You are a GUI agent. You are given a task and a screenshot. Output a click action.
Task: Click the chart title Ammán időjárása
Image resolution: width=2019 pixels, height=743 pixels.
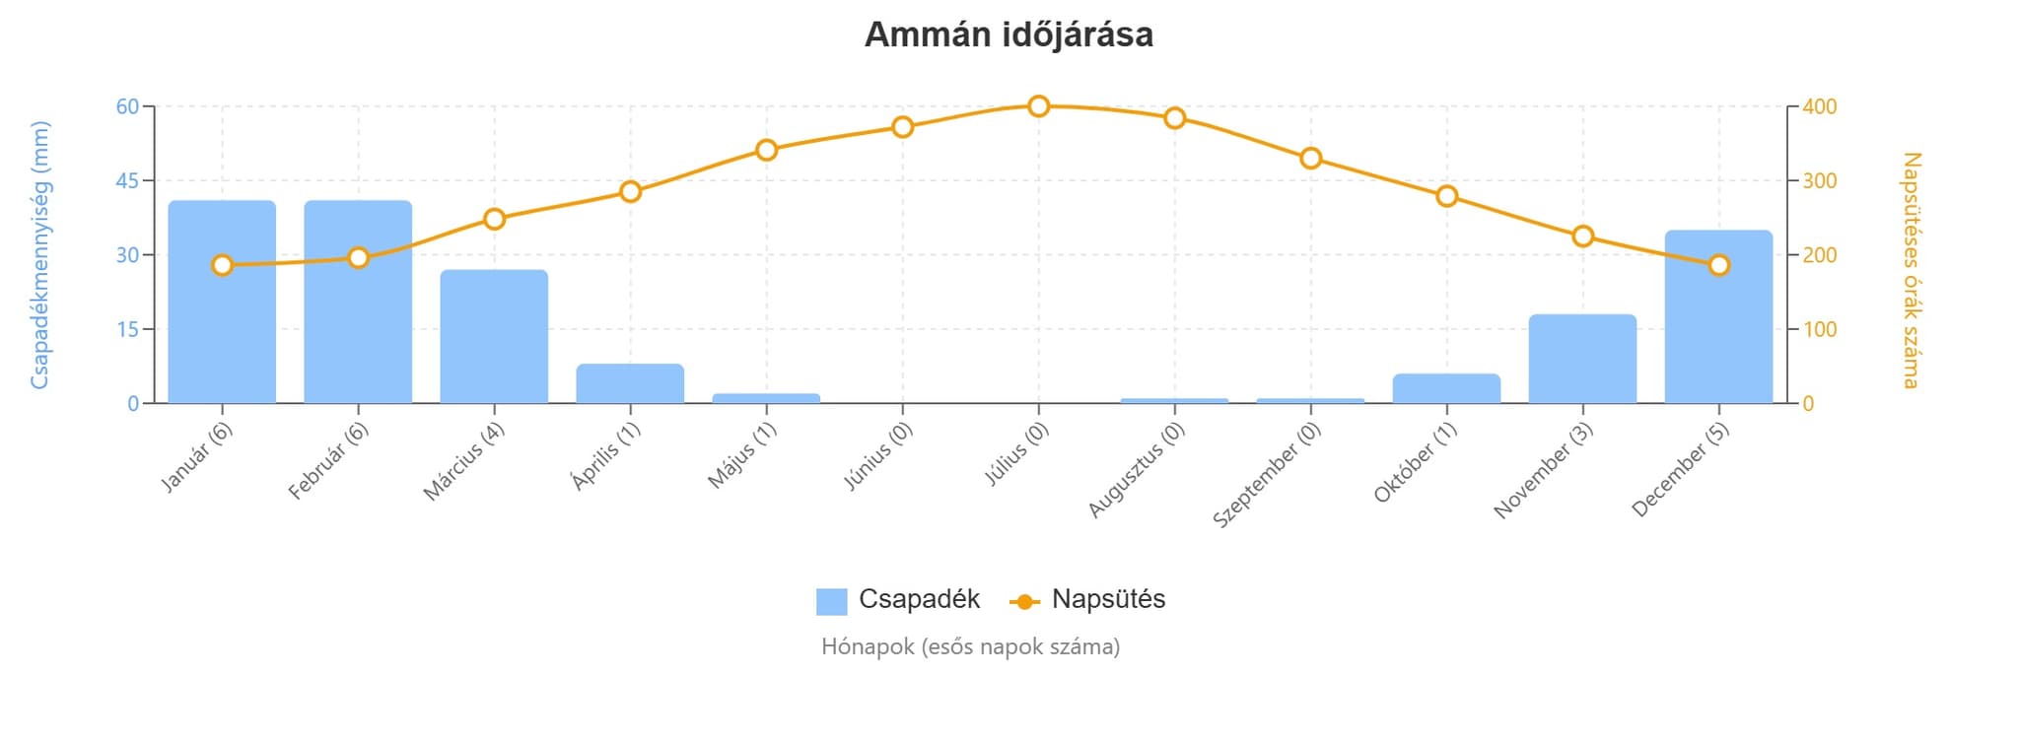1009,35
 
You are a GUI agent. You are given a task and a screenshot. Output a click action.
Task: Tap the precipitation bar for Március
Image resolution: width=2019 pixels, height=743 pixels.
494,337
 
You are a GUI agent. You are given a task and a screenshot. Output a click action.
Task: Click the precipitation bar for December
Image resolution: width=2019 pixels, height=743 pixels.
1718,317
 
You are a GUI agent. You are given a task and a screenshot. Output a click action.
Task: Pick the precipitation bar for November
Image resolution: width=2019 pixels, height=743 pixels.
1582,359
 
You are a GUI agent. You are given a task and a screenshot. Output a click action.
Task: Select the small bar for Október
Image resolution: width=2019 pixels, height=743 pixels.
1446,388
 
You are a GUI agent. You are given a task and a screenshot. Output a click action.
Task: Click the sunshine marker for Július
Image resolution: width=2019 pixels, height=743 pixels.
1038,106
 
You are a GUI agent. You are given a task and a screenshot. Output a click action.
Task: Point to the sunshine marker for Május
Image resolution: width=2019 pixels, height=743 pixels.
767,150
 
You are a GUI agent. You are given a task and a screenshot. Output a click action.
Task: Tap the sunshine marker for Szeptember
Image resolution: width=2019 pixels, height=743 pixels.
1310,159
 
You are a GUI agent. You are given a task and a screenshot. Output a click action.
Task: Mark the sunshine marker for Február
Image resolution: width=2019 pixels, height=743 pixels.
359,258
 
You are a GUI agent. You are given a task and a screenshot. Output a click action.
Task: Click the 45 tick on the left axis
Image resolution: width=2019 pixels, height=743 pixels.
127,181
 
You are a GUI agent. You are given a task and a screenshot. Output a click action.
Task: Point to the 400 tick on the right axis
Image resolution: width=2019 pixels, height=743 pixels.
1820,106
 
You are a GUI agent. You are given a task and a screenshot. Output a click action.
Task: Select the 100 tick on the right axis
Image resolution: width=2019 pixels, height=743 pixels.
1820,329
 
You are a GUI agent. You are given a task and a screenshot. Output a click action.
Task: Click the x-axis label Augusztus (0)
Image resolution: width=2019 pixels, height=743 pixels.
1137,469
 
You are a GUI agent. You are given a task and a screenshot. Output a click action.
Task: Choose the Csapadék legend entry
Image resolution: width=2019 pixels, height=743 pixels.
898,599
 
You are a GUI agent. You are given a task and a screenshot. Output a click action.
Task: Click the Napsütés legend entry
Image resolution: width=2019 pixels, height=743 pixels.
1088,599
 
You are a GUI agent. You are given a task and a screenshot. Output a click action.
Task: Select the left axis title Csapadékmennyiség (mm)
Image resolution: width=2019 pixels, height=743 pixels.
39,254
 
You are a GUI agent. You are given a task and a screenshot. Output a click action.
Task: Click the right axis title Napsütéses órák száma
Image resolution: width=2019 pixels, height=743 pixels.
1910,270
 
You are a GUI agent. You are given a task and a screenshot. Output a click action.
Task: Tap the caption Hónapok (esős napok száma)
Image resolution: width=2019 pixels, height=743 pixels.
970,647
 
